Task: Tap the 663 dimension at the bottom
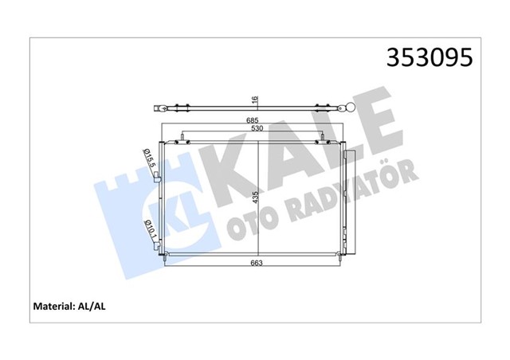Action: click(x=256, y=263)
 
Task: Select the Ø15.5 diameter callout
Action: click(x=147, y=159)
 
